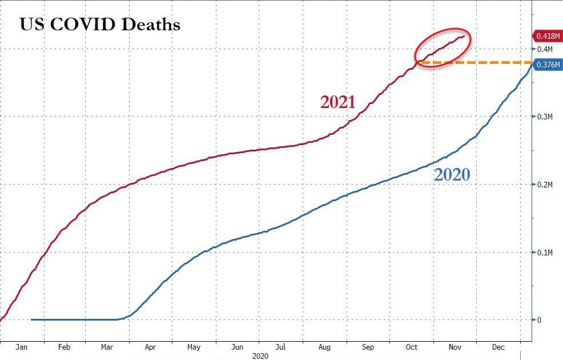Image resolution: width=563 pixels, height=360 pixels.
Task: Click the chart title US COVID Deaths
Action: tap(100, 25)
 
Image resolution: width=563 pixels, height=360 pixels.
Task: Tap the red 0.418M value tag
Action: tap(546, 36)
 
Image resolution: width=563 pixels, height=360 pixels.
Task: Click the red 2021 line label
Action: tap(337, 102)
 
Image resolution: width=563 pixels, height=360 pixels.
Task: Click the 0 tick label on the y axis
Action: tap(538, 319)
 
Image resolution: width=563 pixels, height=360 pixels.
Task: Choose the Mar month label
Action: tap(107, 347)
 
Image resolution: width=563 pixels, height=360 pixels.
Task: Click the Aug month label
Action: tap(325, 347)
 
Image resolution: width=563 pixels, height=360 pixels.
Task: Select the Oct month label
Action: tap(412, 347)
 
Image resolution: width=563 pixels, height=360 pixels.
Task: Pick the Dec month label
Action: tap(499, 347)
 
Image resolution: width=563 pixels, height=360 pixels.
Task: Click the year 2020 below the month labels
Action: tap(260, 356)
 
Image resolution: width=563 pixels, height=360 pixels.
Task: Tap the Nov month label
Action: tap(456, 347)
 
